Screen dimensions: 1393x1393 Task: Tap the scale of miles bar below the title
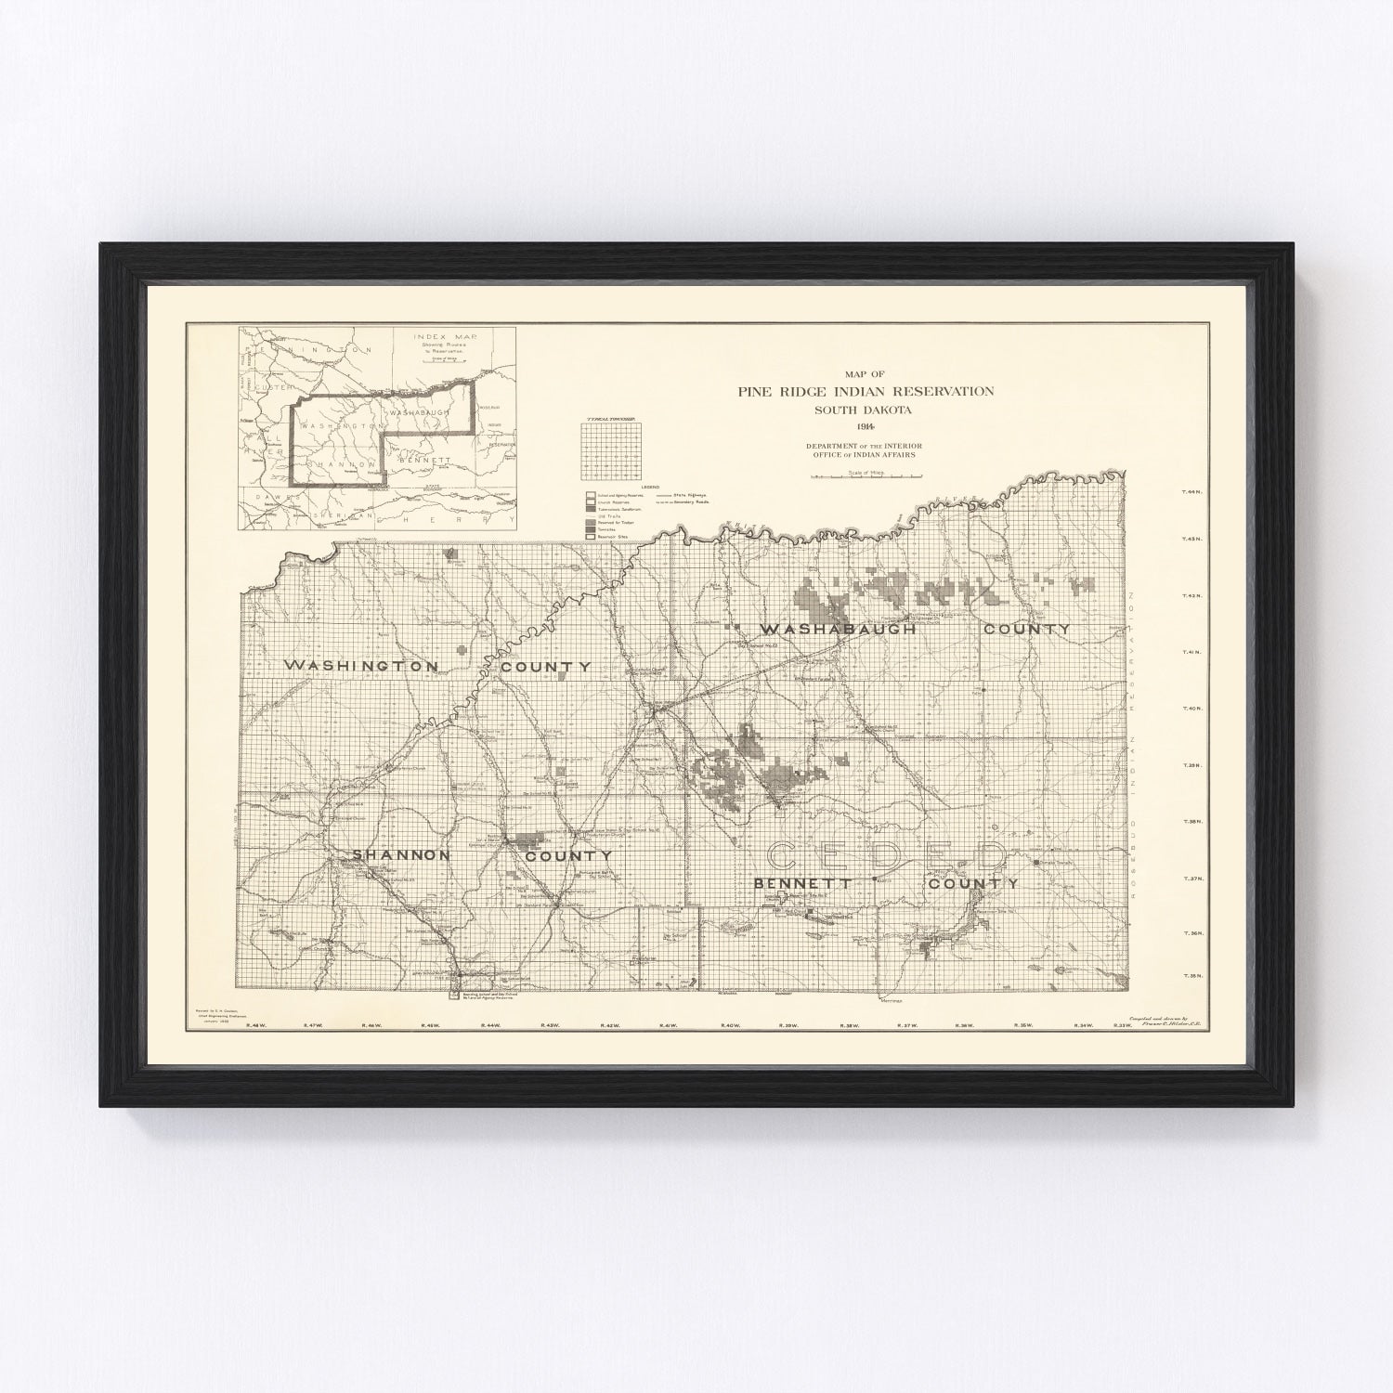pos(866,476)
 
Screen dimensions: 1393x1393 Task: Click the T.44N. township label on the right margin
pos(1191,492)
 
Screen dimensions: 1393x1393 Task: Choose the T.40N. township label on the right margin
pos(1191,709)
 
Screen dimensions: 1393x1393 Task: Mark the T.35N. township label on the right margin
pos(1191,976)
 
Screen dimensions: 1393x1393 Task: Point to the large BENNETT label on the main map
pos(803,883)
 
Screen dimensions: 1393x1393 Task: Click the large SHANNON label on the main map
pos(401,854)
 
